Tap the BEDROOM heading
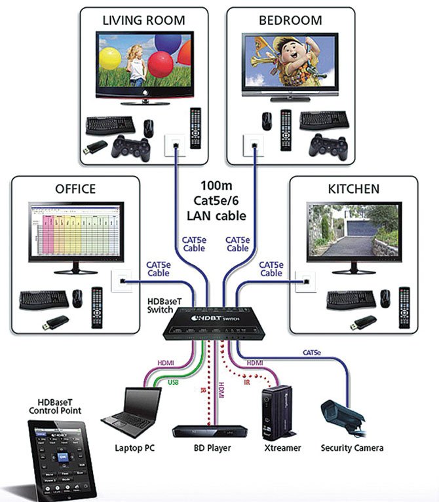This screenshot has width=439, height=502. (290, 20)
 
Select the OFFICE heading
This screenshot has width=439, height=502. (75, 189)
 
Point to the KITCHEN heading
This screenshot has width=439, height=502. (353, 189)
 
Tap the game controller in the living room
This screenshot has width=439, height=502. (130, 146)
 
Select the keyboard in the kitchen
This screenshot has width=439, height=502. (351, 299)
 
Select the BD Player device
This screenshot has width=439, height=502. (210, 430)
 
